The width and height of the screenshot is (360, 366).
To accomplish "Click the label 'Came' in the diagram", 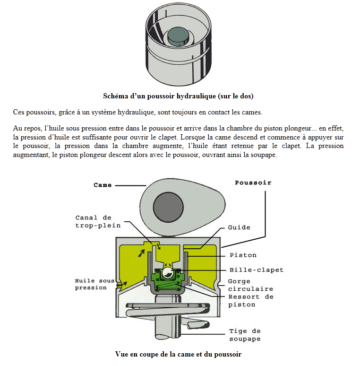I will pos(103,185).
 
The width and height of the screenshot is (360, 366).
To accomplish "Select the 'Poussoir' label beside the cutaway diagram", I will pos(253,182).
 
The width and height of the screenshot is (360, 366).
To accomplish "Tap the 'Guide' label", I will pos(239,227).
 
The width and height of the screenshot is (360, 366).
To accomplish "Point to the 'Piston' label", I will pos(243,255).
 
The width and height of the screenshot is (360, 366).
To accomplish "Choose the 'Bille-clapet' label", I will pos(256,270).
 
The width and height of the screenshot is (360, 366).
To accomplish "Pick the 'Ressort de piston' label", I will pos(250,301).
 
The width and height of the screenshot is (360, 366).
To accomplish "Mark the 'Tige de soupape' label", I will pos(245,335).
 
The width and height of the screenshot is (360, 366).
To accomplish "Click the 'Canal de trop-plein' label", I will pos(93,221).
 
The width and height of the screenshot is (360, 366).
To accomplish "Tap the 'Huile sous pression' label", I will pos(91,284).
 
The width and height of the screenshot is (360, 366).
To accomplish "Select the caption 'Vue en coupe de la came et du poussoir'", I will pos(178,354).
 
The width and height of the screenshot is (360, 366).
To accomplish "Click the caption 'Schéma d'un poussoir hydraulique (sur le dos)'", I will pos(178,96).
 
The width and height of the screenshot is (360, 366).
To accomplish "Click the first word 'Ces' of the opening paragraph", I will pos(19,112).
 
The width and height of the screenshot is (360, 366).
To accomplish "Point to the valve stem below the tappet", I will pos(166,326).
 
